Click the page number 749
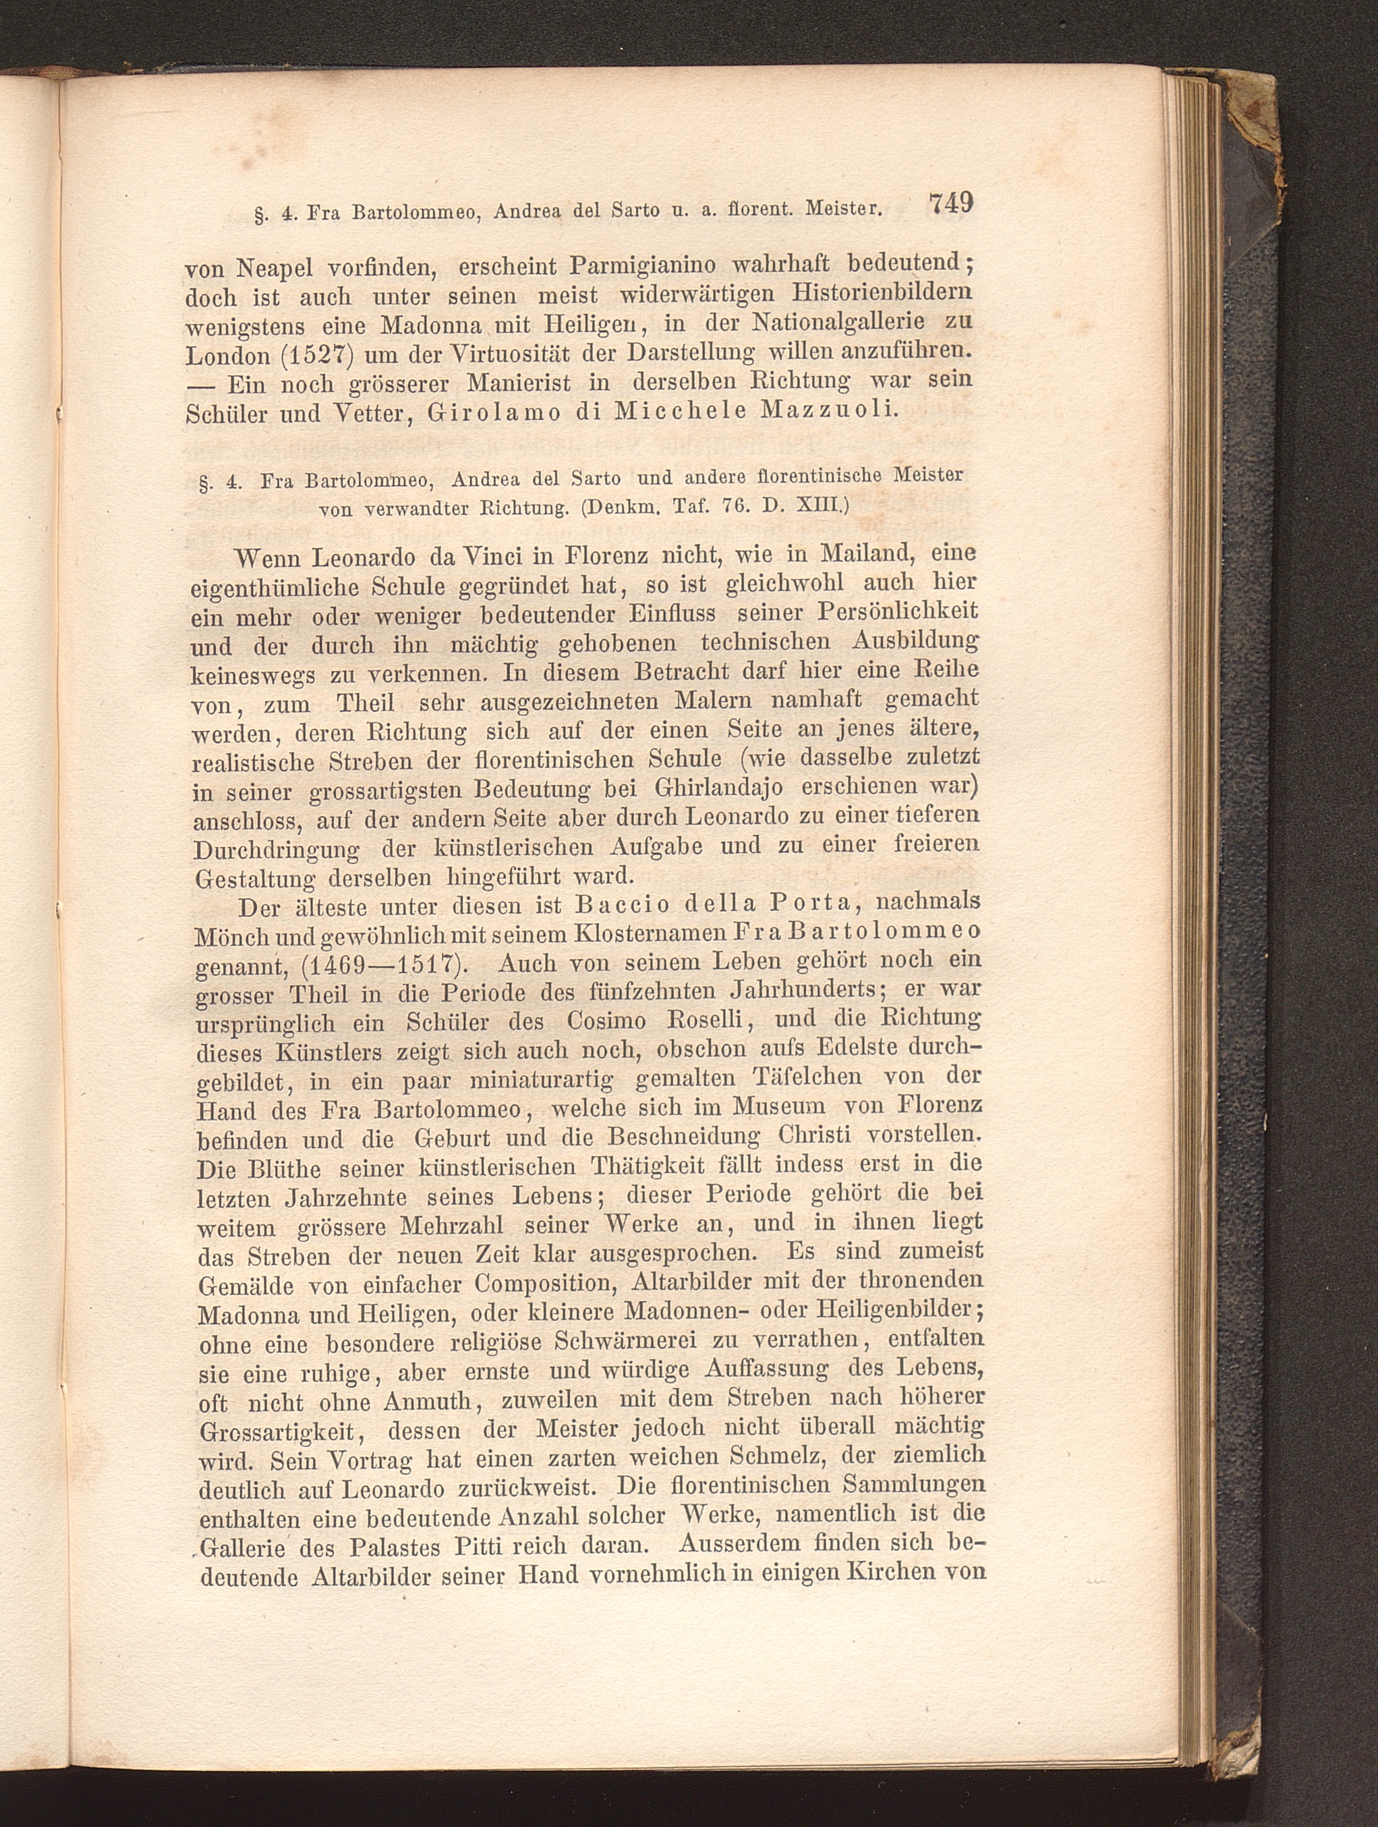click(950, 204)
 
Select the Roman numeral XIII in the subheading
click(821, 506)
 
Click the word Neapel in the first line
click(275, 269)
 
